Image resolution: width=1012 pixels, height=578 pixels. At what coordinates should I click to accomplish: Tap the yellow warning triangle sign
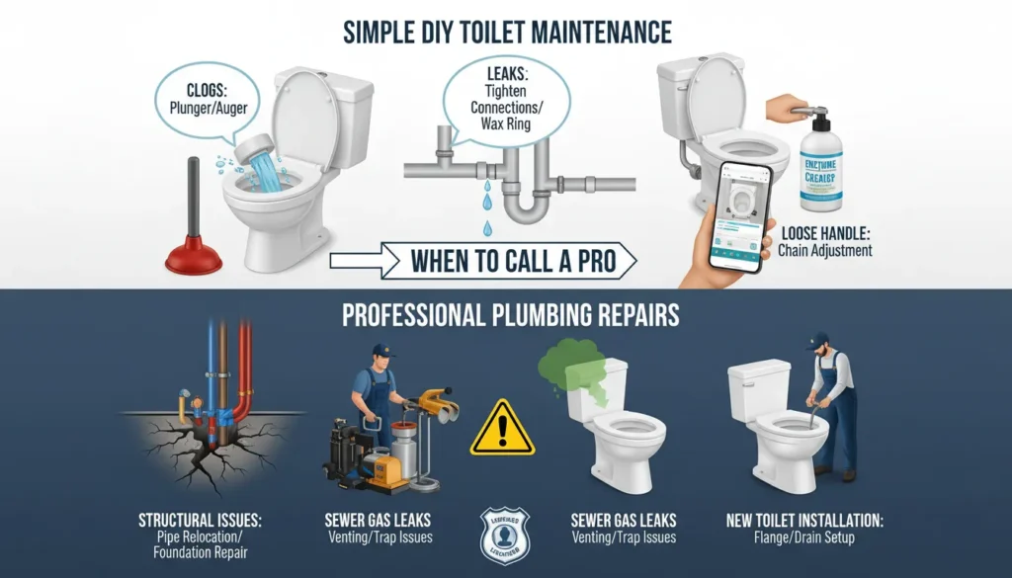tap(502, 429)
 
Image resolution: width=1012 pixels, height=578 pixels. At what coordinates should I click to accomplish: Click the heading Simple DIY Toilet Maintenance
tap(507, 32)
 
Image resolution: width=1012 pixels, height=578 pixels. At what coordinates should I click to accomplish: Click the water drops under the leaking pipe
tap(485, 203)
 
